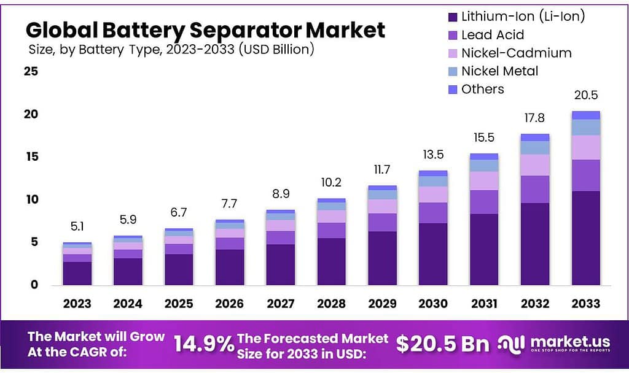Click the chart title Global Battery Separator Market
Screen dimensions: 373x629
tap(206, 29)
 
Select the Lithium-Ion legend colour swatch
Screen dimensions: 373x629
tap(453, 17)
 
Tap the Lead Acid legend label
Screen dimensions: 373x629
tap(493, 35)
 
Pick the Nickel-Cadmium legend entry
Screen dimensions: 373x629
tap(516, 53)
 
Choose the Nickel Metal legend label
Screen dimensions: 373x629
tap(499, 71)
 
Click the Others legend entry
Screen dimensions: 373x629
tap(483, 89)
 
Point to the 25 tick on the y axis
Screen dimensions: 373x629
tap(31, 72)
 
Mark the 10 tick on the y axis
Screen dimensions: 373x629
tap(31, 199)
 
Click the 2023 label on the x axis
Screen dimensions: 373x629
tap(77, 304)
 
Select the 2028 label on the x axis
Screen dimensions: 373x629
tap(331, 304)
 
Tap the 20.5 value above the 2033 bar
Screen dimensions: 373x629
tap(585, 96)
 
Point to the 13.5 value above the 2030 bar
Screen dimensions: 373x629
tap(433, 155)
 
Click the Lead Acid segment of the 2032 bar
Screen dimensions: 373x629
tap(534, 189)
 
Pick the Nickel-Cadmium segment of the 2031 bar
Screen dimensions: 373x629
tap(483, 180)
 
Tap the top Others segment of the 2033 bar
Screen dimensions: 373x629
tap(585, 115)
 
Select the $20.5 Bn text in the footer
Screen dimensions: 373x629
tap(442, 344)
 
